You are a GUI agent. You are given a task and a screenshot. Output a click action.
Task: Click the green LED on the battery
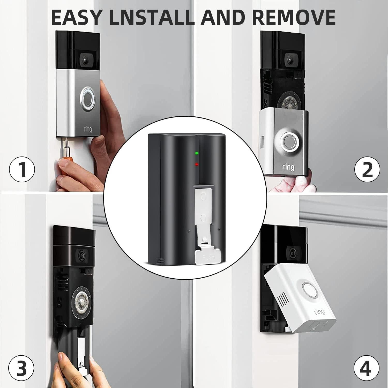(x=197, y=153)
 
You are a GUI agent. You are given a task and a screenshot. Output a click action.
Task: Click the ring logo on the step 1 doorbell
(x=87, y=129)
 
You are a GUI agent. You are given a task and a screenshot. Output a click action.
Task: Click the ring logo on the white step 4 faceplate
(x=320, y=312)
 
